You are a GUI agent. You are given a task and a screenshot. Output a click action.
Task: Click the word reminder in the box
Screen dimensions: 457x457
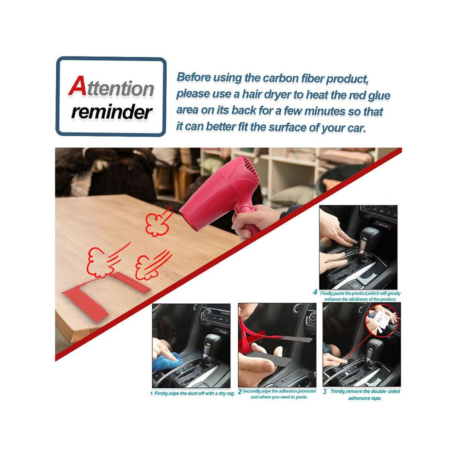[x=112, y=112]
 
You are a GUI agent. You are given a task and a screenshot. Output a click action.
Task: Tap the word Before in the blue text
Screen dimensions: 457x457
[x=194, y=77]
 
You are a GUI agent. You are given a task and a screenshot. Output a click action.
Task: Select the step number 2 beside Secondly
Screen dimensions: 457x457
[x=240, y=391]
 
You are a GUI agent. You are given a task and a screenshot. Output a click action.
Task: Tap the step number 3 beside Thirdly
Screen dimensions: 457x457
[x=325, y=392]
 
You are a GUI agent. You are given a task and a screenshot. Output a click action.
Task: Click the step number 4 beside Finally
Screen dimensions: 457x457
[x=315, y=292]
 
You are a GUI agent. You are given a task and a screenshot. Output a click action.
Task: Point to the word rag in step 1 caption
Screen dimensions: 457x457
[x=230, y=393]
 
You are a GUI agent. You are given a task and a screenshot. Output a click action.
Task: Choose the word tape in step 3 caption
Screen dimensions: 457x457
[x=376, y=398]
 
